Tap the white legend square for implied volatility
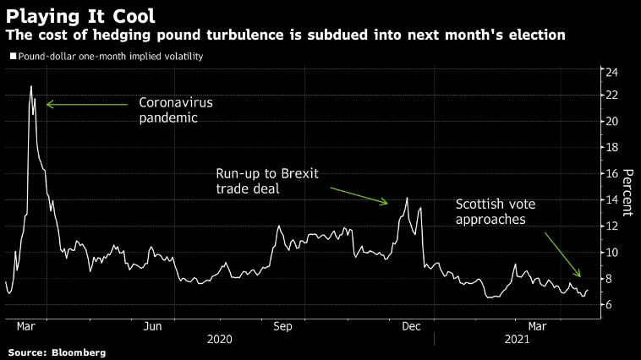point(13,56)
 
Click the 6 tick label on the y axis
point(611,305)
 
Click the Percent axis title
point(627,193)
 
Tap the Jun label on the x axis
point(153,325)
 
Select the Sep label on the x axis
point(282,325)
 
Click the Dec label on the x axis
point(412,325)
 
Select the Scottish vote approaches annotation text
point(496,211)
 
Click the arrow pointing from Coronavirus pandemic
point(85,104)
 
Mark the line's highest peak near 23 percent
point(31,86)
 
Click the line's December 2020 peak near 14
point(407,198)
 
